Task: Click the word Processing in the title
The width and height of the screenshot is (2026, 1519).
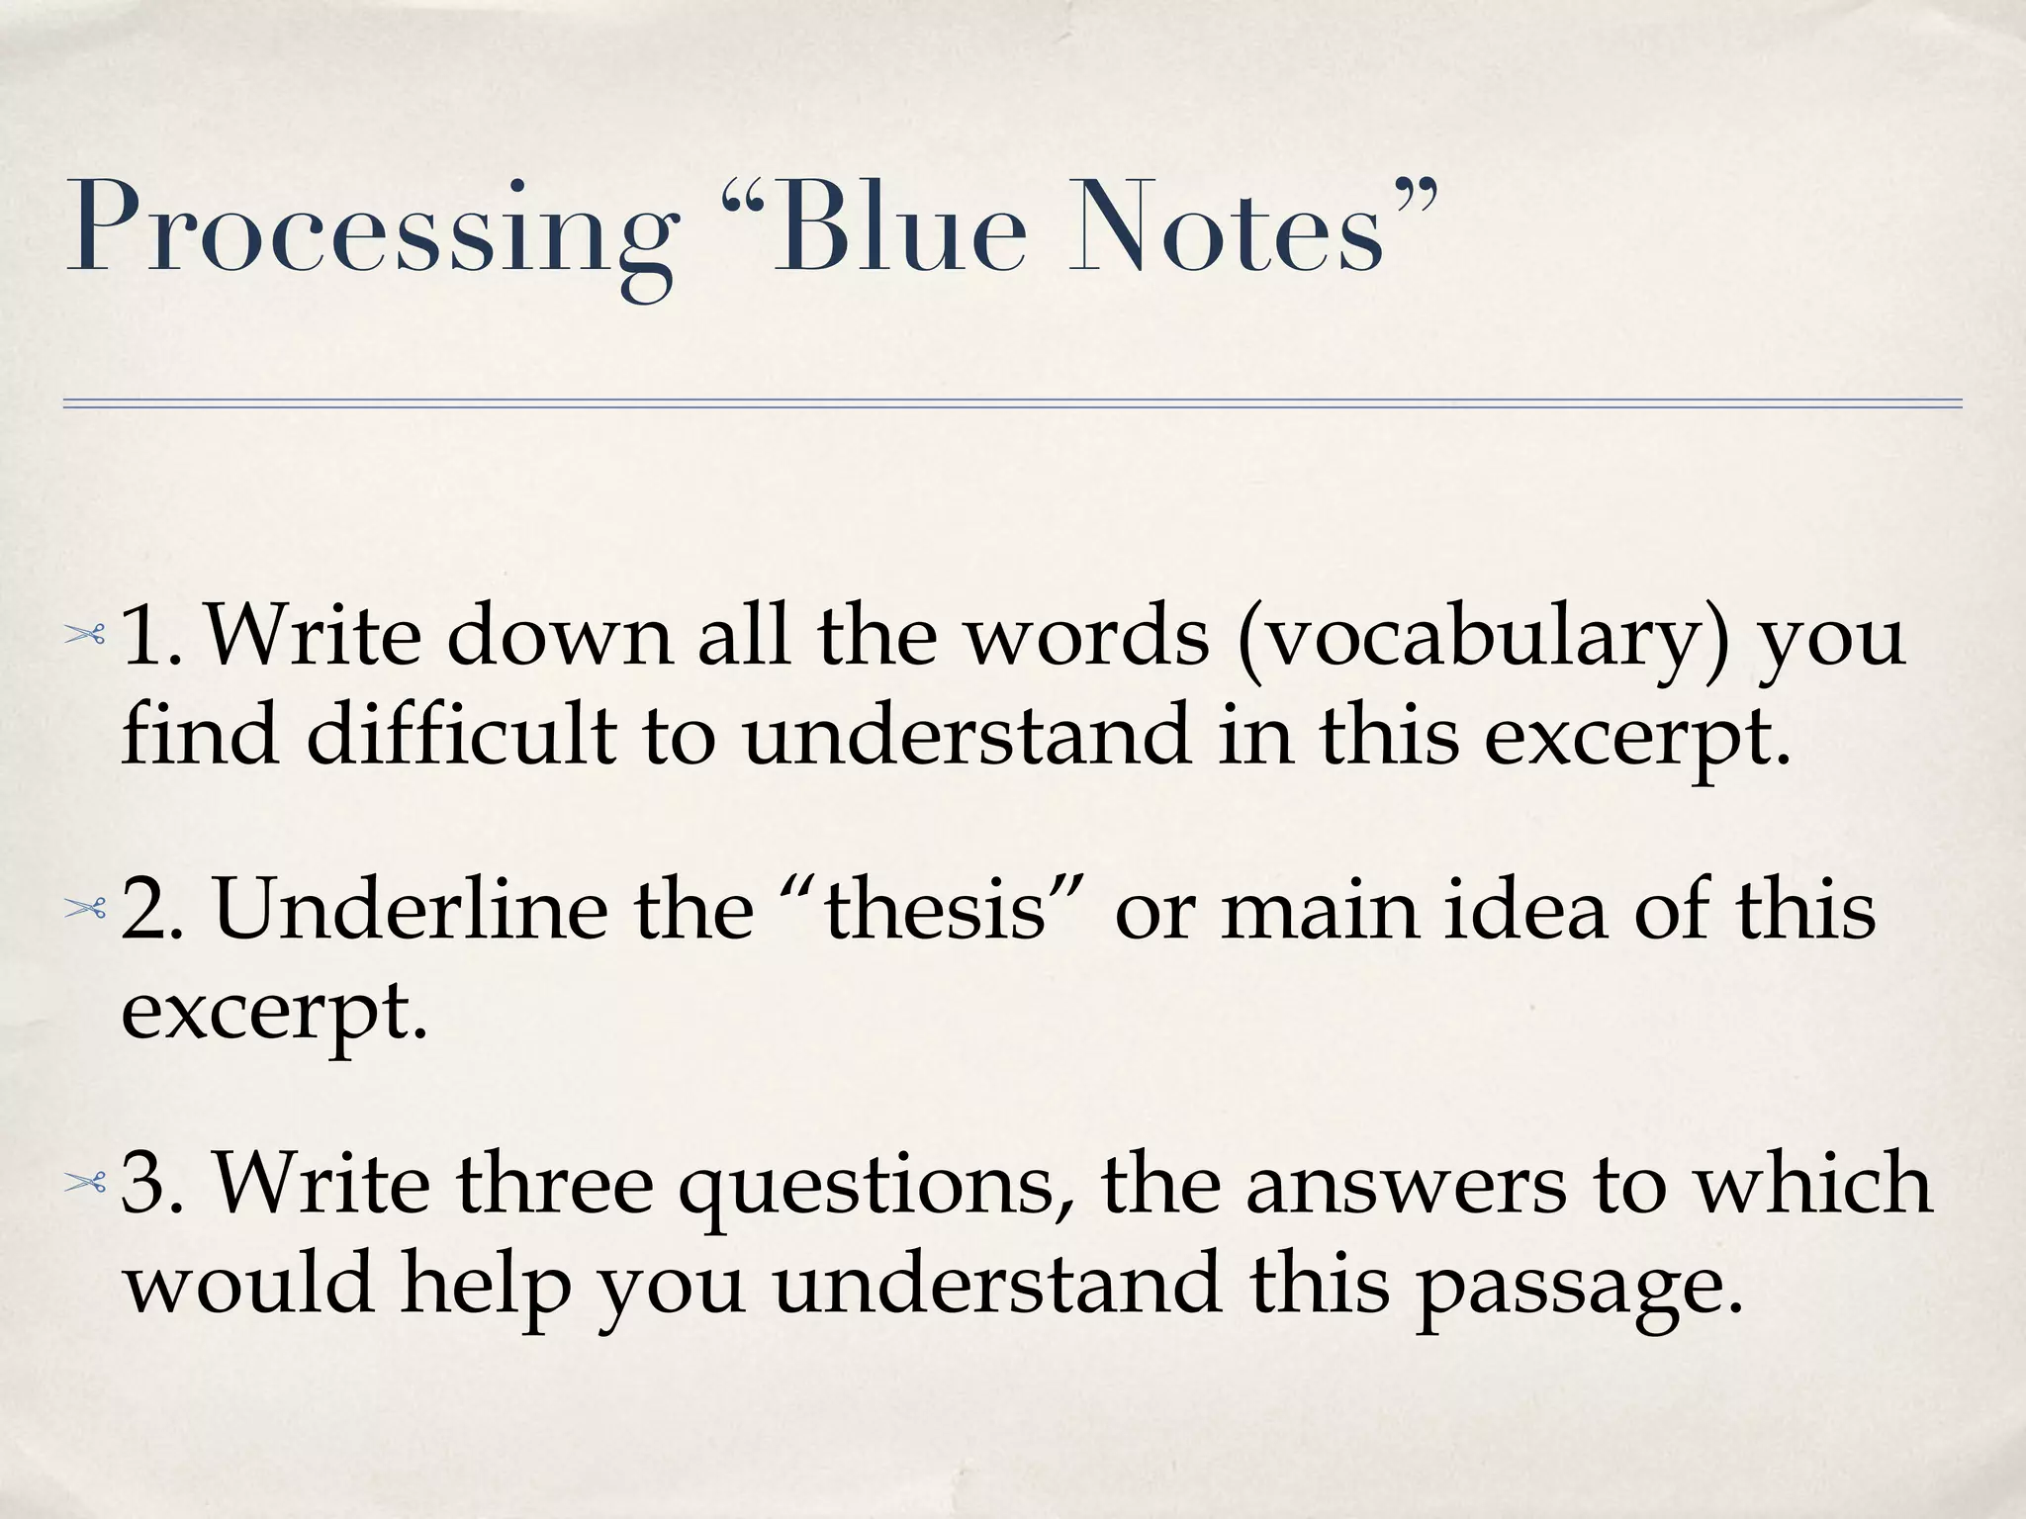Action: (372, 229)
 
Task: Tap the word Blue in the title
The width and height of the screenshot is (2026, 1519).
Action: (898, 229)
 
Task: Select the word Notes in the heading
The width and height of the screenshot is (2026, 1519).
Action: (1225, 229)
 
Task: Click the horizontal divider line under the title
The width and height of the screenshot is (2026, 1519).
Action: (1012, 403)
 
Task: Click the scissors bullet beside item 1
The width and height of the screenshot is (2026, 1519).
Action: (85, 637)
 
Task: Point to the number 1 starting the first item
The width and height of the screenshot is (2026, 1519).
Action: (148, 637)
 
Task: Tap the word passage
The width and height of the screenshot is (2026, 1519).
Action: (1579, 1286)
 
